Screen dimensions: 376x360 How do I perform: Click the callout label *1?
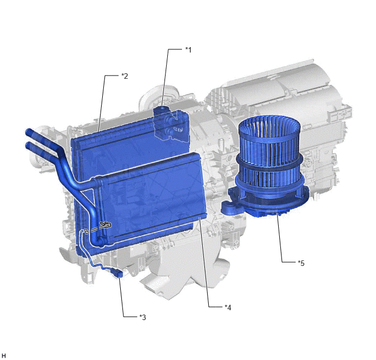[189, 50]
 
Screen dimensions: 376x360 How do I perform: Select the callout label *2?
[125, 76]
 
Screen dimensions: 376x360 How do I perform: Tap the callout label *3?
[143, 317]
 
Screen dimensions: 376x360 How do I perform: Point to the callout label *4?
[228, 307]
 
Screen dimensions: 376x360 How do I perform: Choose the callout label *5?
[301, 263]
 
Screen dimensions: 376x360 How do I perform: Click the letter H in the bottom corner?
[4, 356]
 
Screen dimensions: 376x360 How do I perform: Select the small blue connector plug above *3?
[117, 273]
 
